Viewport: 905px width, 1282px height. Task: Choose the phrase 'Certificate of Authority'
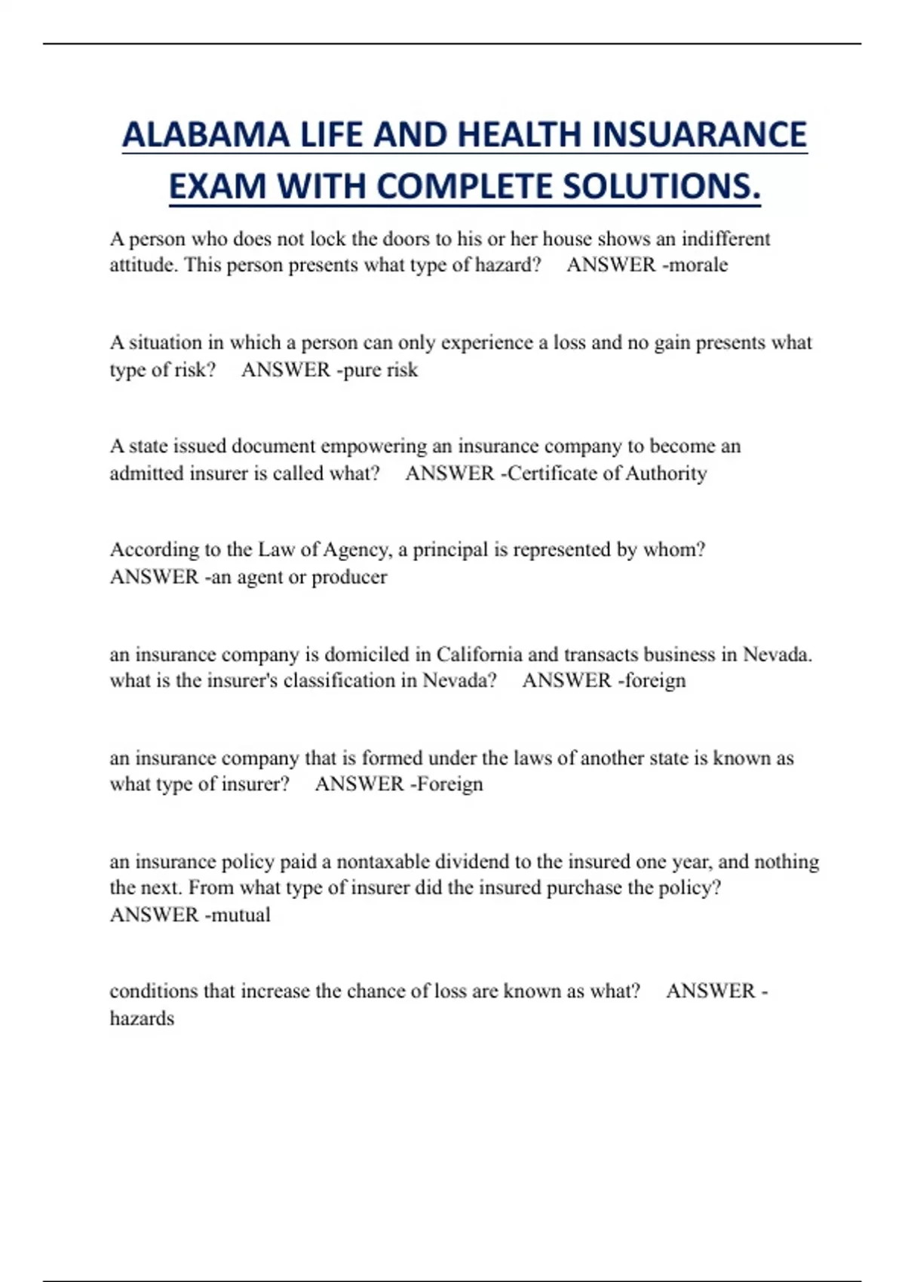point(607,474)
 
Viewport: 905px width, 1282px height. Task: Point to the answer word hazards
point(142,1019)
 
